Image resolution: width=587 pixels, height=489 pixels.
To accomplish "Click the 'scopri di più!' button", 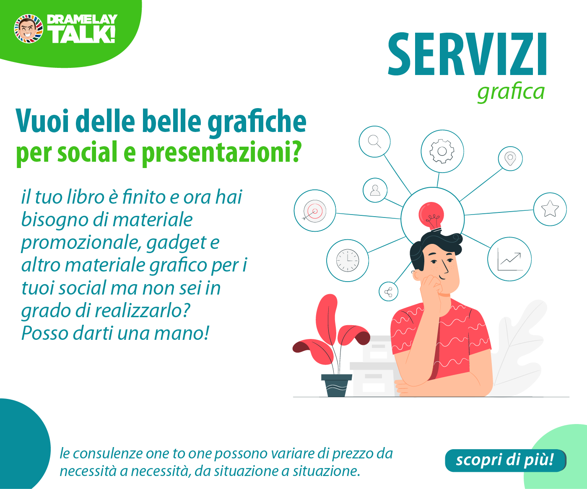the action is click(506, 461).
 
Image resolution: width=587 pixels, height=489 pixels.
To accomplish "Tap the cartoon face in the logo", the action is click(29, 29).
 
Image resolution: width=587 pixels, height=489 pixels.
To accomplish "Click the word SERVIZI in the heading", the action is click(467, 54).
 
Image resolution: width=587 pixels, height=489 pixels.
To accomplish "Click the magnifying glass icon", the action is click(374, 141).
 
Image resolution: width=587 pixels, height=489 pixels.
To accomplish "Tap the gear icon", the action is click(442, 151).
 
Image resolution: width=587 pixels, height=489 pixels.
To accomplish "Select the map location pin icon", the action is click(510, 159).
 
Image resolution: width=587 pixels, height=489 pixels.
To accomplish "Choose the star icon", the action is click(550, 209).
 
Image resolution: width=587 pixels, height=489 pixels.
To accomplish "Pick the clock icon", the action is click(348, 260).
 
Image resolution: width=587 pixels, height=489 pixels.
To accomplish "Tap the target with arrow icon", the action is click(314, 211).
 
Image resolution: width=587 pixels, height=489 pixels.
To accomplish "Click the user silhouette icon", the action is click(375, 190).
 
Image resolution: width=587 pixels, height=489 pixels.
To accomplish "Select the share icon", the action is click(388, 292).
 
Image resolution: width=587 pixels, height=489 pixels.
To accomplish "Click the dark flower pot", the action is click(337, 386).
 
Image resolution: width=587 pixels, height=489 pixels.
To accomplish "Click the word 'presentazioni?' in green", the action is click(221, 153).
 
